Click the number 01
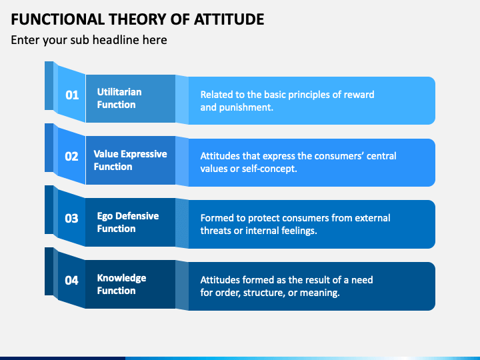point(72,95)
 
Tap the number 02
point(71,157)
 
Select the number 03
point(71,218)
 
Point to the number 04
point(71,281)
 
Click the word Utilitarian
point(119,92)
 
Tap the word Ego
point(105,217)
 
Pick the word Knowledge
point(121,278)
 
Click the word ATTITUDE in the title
point(229,19)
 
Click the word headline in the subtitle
point(115,40)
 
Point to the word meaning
point(319,293)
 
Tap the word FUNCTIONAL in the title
point(58,19)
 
